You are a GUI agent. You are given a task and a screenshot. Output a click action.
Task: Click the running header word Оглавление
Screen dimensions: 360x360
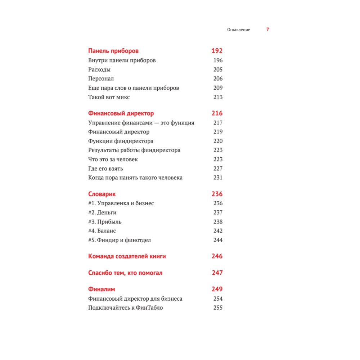click(238, 30)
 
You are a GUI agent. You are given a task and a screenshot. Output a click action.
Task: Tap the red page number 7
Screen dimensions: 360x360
click(267, 30)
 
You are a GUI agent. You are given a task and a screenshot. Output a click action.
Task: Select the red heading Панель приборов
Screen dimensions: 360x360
click(113, 51)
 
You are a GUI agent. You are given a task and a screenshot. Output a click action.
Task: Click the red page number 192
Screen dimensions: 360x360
click(217, 51)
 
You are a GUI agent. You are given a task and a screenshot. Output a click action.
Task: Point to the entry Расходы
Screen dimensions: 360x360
click(99, 69)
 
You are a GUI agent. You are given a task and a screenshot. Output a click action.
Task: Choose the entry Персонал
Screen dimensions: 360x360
click(101, 78)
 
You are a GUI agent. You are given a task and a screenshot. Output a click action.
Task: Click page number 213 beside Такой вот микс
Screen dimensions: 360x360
click(218, 97)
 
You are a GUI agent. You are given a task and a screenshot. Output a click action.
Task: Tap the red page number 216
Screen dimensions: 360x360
click(217, 113)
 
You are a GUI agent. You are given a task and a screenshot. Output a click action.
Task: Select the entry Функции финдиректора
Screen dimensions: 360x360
click(121, 141)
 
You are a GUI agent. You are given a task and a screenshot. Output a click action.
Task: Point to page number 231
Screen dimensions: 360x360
click(218, 177)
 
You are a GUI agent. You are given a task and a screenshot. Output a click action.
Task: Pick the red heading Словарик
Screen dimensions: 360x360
click(102, 194)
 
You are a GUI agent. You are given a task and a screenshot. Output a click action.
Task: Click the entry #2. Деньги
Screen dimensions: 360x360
click(102, 212)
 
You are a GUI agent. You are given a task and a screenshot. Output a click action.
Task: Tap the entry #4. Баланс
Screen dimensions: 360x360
click(102, 231)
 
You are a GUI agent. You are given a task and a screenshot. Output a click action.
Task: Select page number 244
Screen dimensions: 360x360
click(218, 240)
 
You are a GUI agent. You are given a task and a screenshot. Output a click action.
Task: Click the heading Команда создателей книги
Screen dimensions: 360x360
click(127, 256)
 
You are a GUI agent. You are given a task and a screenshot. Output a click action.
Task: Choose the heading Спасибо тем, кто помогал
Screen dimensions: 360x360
click(125, 273)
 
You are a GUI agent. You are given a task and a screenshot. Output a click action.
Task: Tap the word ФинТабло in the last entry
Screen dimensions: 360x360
click(149, 308)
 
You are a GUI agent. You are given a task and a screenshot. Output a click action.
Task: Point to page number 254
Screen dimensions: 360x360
click(218, 298)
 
